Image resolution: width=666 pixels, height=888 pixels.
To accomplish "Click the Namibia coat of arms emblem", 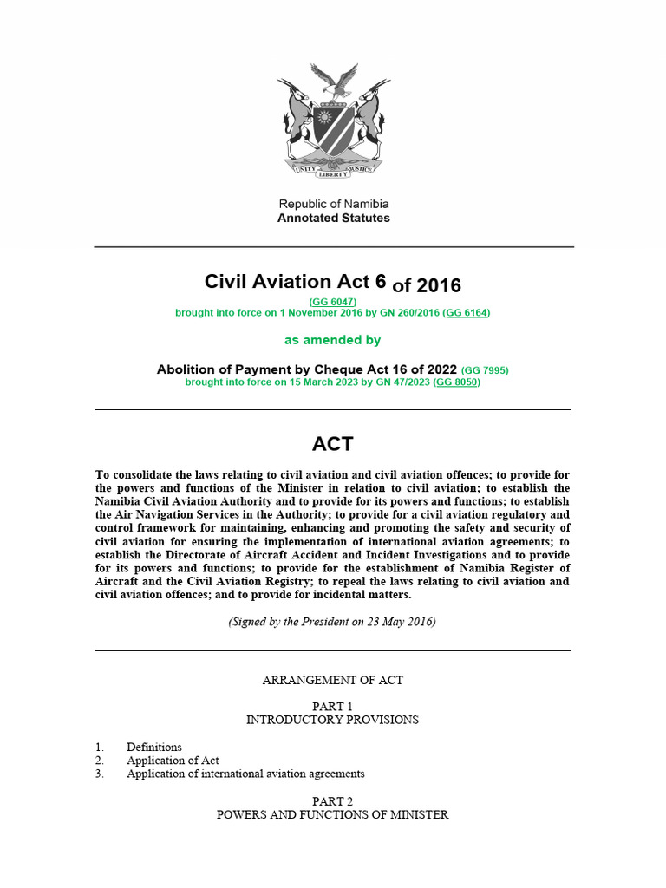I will point(333,121).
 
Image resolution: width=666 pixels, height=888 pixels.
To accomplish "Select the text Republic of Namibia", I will point(333,204).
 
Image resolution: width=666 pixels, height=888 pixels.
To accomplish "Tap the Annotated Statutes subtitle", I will point(333,219).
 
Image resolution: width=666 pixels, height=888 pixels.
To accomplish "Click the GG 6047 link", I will point(333,301).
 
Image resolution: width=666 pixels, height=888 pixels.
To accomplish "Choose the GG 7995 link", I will point(485,370).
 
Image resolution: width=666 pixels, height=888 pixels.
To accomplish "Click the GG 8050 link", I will point(456,382).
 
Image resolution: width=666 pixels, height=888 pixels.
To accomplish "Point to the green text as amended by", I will point(333,340).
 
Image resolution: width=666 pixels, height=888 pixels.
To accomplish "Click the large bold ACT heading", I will point(333,444).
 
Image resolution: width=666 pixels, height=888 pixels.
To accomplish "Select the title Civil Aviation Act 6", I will point(295,282).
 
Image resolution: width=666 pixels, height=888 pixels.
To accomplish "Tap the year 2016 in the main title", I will point(438,285).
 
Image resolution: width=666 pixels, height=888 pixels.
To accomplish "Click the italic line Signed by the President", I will point(333,623).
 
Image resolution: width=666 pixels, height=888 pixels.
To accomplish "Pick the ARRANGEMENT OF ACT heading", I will point(333,680).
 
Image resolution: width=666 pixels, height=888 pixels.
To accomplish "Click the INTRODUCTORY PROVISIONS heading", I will point(333,720).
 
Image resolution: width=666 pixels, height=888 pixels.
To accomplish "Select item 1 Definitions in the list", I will point(153,747).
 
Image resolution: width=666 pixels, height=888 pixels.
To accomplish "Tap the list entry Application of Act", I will point(172,761).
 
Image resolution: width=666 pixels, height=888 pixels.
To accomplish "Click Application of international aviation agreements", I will point(245,774).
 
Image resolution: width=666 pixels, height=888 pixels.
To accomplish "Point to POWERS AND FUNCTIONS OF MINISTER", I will point(333,815).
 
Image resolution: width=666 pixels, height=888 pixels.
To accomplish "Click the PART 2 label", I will point(333,801).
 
